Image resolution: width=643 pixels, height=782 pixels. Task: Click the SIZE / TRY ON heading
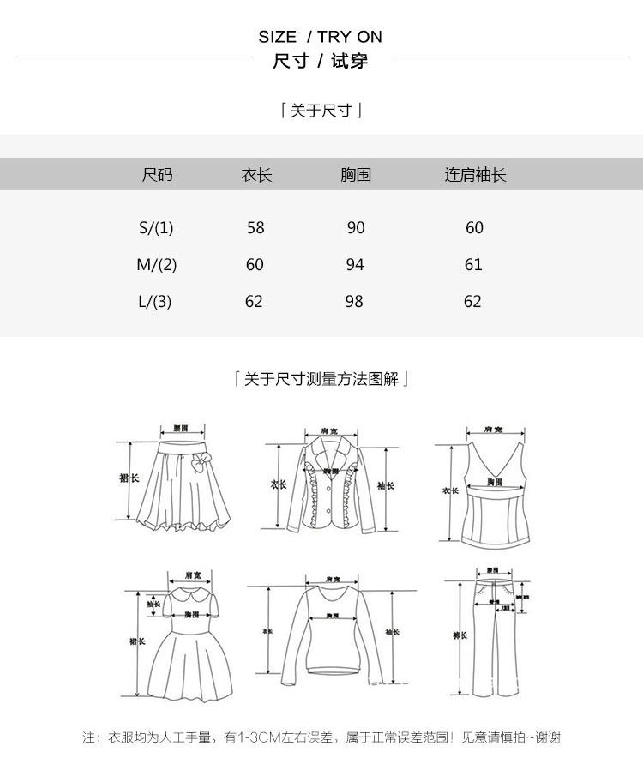point(320,37)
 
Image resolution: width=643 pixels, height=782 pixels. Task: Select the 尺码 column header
point(157,175)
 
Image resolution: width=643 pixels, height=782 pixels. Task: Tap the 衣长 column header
point(256,175)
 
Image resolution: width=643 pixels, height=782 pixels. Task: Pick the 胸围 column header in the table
point(356,175)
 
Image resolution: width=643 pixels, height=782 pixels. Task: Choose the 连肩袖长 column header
point(475,175)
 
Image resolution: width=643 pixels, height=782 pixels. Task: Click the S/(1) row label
point(156,228)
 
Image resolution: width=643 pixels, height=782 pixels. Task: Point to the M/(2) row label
point(157,265)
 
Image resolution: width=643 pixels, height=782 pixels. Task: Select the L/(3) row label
point(155,302)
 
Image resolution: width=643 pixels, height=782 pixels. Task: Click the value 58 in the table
point(255,228)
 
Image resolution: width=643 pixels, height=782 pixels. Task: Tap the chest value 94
point(355,265)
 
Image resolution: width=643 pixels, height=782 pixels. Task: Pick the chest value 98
point(354,302)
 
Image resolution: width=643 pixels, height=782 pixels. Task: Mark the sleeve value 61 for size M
point(473,265)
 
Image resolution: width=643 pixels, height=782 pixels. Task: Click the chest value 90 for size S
point(356,228)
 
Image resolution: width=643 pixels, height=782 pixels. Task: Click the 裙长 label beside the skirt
point(129,478)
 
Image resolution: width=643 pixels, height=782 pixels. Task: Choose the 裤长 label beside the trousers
point(460,635)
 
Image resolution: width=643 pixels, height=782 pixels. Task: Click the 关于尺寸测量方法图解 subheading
point(321,379)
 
